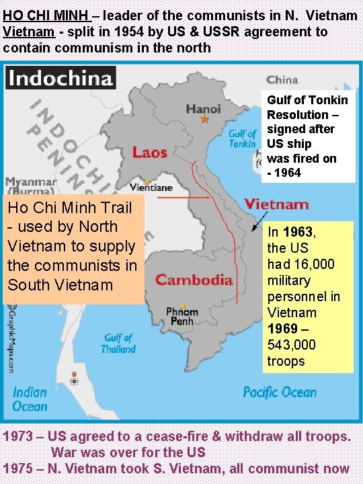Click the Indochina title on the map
(x=60, y=78)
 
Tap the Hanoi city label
(x=203, y=108)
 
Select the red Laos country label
(x=149, y=152)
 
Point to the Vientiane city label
(x=151, y=187)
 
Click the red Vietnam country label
(x=276, y=204)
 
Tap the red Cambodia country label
(x=194, y=279)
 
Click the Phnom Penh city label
(x=182, y=316)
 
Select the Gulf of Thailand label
(x=118, y=343)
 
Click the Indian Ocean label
(x=30, y=399)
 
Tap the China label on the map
(x=282, y=80)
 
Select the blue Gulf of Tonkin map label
(x=242, y=138)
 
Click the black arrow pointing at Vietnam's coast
(x=259, y=223)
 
